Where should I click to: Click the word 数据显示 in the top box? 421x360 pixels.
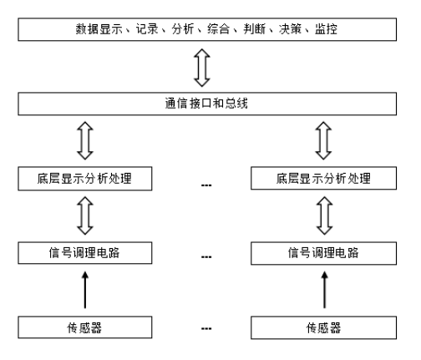(x=99, y=29)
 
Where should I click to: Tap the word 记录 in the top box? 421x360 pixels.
(x=147, y=29)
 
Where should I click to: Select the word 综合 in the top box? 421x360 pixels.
(x=219, y=29)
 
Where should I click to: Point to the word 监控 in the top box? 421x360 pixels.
(x=326, y=29)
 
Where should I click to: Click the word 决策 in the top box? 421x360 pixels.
(x=290, y=29)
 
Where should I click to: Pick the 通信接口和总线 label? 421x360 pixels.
(x=206, y=104)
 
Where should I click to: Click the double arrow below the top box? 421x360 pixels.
(x=202, y=68)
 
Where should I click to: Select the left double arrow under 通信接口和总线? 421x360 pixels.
(x=85, y=140)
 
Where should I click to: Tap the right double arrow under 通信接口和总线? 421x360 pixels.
(x=323, y=140)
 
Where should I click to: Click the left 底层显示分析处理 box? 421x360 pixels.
(x=85, y=179)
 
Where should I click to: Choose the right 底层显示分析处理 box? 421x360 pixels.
(x=323, y=178)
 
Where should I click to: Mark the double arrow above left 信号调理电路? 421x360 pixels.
(x=85, y=215)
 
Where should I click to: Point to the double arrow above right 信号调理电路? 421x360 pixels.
(x=324, y=215)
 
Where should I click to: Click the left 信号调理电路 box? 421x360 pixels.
(x=85, y=253)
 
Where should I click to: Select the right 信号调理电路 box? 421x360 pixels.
(x=323, y=253)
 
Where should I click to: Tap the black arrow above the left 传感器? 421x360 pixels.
(x=85, y=290)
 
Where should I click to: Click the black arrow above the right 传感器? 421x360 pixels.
(x=324, y=290)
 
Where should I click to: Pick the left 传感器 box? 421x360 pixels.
(x=85, y=327)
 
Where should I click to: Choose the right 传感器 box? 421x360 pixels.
(x=323, y=327)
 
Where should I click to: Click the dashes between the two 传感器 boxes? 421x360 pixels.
(x=206, y=329)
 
